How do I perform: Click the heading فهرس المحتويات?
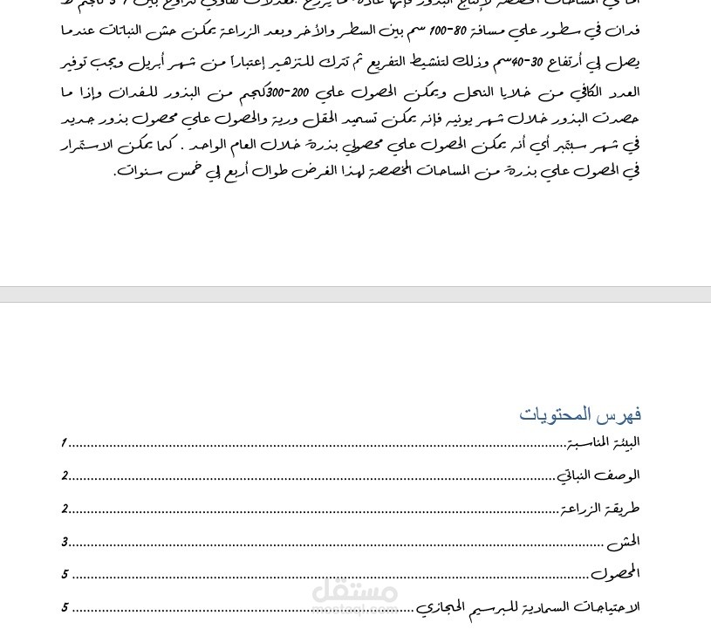coord(580,414)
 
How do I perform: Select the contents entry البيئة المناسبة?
coord(603,442)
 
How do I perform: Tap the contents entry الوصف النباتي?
coord(598,475)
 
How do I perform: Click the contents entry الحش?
coord(624,542)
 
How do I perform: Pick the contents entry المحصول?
coord(615,574)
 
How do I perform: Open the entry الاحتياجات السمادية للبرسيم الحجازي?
coord(527,607)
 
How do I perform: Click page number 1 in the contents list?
coord(65,443)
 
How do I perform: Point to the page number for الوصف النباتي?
coord(65,476)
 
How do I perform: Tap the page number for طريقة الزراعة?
coord(65,509)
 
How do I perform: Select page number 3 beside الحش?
coord(65,542)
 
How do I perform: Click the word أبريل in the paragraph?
coord(158,63)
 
